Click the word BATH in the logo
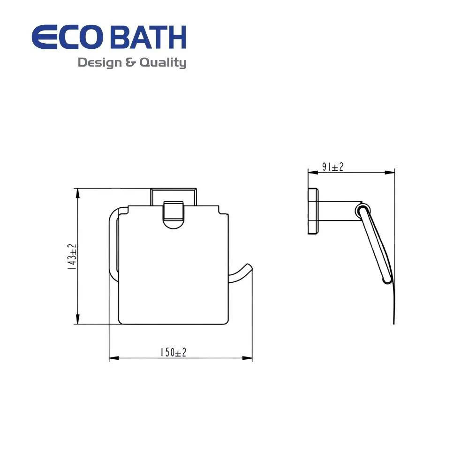click(x=151, y=38)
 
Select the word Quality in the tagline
click(x=163, y=63)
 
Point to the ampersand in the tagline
click(x=131, y=63)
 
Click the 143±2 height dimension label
click(x=72, y=257)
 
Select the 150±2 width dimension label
click(x=174, y=352)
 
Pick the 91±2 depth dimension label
click(x=333, y=167)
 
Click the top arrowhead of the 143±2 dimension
click(x=77, y=193)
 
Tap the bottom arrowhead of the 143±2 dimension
click(x=77, y=319)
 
